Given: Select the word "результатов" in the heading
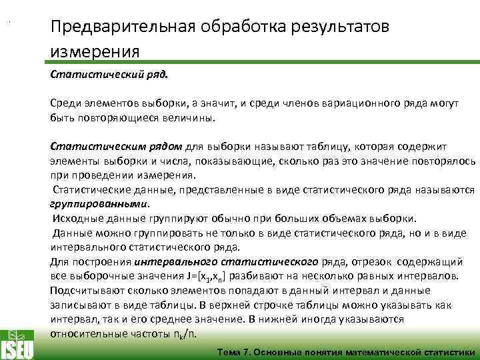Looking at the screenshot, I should [344, 27].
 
